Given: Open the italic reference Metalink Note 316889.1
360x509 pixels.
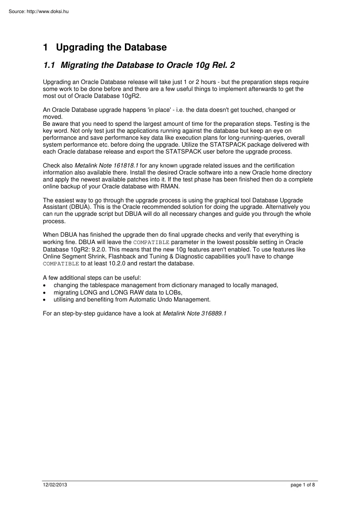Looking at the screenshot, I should (x=194, y=314).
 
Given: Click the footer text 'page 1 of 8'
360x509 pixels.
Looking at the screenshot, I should (x=303, y=485).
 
